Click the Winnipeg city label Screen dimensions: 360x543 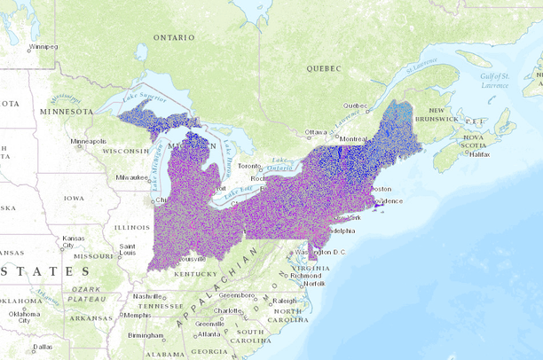43,46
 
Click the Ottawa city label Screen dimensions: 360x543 316,132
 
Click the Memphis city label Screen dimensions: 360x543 138,315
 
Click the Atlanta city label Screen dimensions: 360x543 209,333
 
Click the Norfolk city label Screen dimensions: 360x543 314,284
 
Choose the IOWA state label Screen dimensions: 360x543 73,199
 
